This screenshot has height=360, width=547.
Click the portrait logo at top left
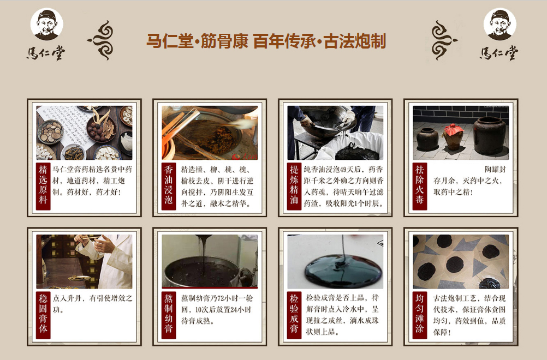pos(47,24)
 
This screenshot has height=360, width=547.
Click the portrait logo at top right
pos(500,24)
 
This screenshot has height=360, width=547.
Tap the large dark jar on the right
pos(490,135)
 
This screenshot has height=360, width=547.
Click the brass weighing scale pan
pos(79,278)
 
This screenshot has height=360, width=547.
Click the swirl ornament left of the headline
pos(100,40)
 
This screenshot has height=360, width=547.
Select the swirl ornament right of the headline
pos(444,40)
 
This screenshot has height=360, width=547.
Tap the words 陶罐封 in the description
pos(495,170)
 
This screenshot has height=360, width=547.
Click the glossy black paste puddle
pos(343,271)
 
